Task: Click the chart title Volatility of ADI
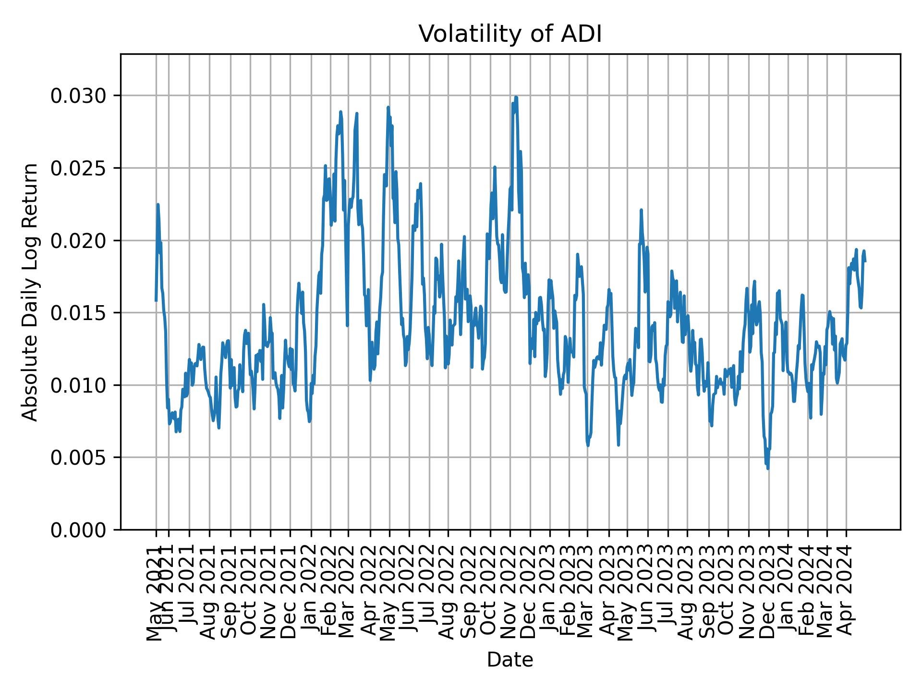[510, 35]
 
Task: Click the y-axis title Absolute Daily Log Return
[31, 292]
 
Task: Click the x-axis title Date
[510, 660]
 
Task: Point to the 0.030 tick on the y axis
[79, 96]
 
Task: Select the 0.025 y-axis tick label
[79, 168]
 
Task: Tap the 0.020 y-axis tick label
[79, 241]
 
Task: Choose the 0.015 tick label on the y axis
[79, 313]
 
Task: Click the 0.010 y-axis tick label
[79, 385]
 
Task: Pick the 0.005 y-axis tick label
[79, 457]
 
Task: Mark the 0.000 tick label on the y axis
[79, 530]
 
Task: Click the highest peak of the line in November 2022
[516, 97]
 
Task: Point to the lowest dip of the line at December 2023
[768, 469]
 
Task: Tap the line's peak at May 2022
[388, 107]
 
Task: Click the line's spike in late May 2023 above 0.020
[641, 210]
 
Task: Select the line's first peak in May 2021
[158, 204]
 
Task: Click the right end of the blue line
[865, 261]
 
